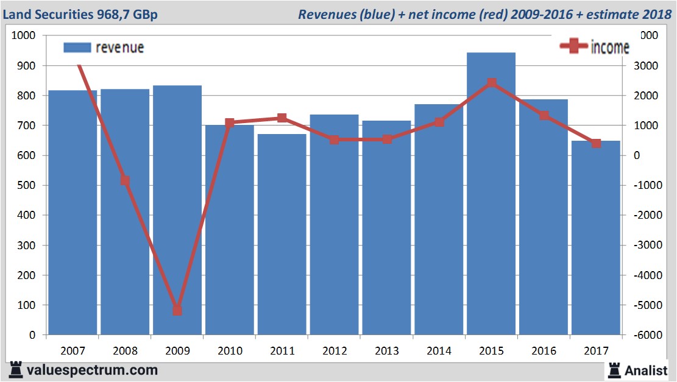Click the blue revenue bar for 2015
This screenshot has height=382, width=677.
click(491, 195)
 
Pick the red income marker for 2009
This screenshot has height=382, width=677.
click(177, 310)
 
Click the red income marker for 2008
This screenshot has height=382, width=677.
click(125, 180)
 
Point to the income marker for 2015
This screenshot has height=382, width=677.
click(492, 83)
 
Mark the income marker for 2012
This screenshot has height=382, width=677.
click(335, 140)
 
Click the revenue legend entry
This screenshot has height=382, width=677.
click(104, 48)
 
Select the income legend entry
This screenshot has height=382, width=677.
click(594, 48)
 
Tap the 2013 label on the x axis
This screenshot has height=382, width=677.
click(387, 351)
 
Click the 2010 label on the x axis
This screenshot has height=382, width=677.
click(230, 351)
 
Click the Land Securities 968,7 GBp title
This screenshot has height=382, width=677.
click(80, 14)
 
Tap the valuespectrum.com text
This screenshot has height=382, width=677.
click(92, 370)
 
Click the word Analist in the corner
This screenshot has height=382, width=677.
click(646, 370)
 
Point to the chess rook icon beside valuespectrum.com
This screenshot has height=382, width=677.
click(16, 370)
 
